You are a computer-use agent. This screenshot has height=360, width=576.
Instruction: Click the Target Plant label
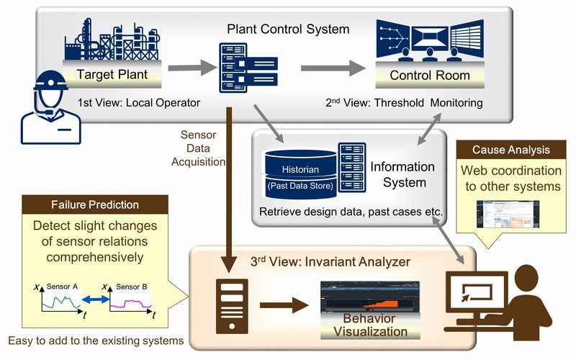tap(112, 75)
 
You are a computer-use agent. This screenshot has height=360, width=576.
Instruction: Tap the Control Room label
tap(430, 76)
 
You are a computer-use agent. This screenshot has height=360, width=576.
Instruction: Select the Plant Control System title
tap(288, 29)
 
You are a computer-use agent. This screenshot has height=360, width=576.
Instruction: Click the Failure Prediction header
tap(95, 204)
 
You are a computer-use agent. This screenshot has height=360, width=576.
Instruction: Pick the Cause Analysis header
tap(511, 150)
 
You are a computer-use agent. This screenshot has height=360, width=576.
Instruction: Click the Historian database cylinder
tap(300, 174)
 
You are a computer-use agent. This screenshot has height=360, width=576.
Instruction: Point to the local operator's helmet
tap(50, 80)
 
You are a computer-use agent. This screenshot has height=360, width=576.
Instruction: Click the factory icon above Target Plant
tap(112, 40)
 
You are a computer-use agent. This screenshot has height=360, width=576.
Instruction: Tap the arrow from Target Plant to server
tap(192, 68)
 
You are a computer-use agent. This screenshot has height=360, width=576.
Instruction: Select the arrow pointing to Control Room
tap(333, 68)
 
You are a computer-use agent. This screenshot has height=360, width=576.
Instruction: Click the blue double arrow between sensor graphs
tap(96, 300)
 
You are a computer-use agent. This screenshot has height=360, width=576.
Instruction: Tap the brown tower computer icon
tap(232, 307)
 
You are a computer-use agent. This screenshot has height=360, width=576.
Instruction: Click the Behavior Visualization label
tap(370, 325)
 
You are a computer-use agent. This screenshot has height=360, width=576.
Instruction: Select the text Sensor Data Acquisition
tap(198, 148)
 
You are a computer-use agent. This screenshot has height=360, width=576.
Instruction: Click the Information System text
tap(402, 174)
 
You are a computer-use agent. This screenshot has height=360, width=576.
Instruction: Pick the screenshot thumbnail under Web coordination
tap(508, 214)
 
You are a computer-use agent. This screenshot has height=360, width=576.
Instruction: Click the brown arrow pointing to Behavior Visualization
tap(284, 305)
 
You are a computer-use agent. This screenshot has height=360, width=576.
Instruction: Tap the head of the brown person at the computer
tap(527, 277)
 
